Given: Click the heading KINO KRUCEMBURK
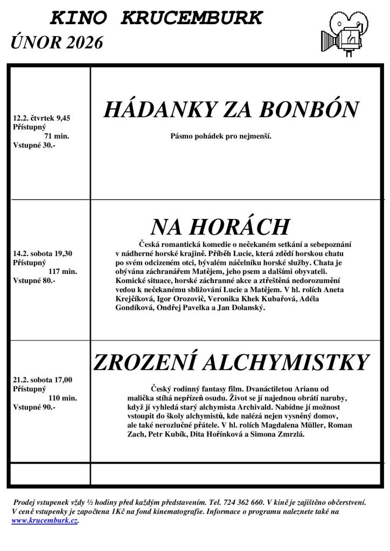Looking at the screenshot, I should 156,19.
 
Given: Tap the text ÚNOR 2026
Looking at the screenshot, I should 57,43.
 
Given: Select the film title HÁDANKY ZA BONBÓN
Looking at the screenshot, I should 231,110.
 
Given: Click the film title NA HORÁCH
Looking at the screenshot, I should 220,228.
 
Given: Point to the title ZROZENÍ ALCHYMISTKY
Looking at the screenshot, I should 232,363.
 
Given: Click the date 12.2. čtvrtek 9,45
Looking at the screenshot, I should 41,118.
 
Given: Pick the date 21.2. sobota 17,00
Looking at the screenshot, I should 42,380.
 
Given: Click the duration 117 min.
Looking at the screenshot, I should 62,271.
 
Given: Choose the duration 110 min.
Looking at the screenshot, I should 62,398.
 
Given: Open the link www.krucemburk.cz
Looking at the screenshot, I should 45,521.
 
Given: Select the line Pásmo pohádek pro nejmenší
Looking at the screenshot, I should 221,136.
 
